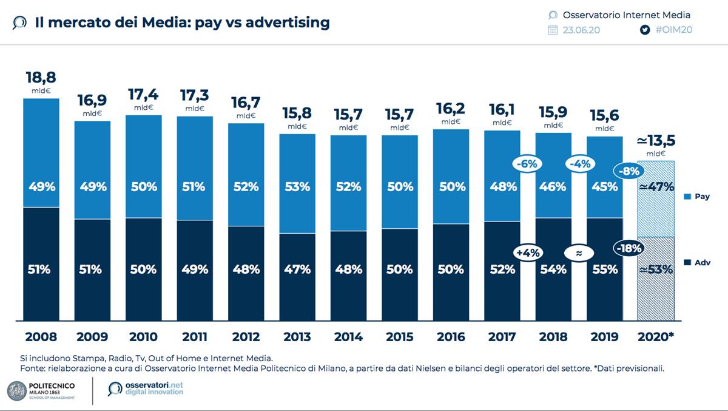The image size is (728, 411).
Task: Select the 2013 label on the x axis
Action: tap(297, 337)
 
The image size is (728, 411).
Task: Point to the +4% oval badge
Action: tap(528, 252)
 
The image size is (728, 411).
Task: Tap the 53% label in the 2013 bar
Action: tap(297, 187)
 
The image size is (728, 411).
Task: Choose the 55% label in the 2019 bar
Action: tap(604, 269)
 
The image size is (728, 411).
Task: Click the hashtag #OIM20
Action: tap(674, 30)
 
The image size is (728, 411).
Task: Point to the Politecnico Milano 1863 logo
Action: tap(42, 390)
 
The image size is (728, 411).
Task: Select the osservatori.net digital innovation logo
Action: tap(146, 389)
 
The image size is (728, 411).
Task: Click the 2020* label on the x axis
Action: tap(655, 337)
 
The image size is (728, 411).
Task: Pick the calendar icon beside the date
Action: tap(553, 30)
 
